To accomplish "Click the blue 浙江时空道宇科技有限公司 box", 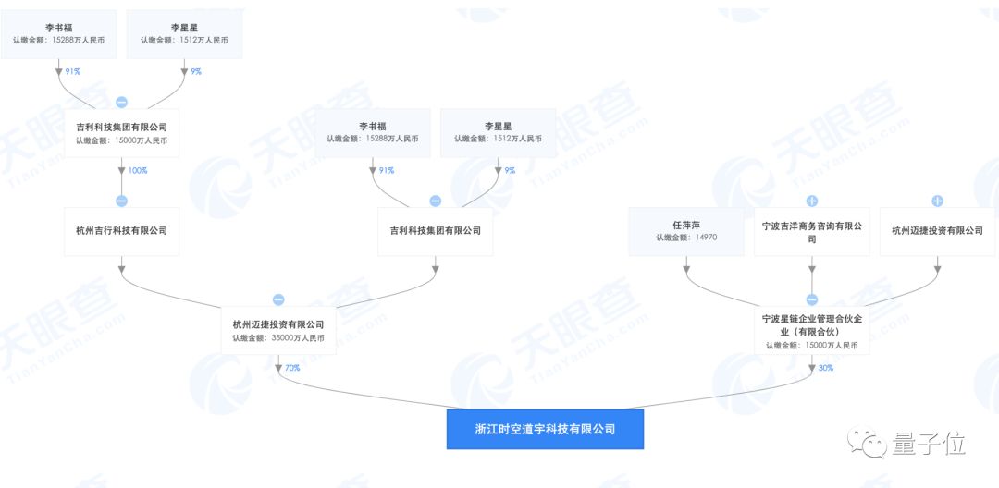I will point(544,430).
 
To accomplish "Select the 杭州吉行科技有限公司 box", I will point(121,230).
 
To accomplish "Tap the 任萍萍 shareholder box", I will point(686,230).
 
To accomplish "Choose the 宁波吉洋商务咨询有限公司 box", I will point(811,231).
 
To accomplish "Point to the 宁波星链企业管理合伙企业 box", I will point(811,331).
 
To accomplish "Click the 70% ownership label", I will point(292,368).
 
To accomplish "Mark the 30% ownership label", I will point(825,368).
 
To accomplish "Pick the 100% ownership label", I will point(138,170).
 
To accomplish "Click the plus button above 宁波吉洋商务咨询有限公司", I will point(811,201).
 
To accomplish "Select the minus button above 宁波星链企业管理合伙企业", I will point(811,299).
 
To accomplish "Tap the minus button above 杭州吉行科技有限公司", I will point(121,201).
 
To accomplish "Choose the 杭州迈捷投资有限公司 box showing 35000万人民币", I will point(278,331).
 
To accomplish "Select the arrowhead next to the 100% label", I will point(121,170).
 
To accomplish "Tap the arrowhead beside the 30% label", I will point(811,368).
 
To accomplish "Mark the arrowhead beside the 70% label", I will point(278,368).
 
